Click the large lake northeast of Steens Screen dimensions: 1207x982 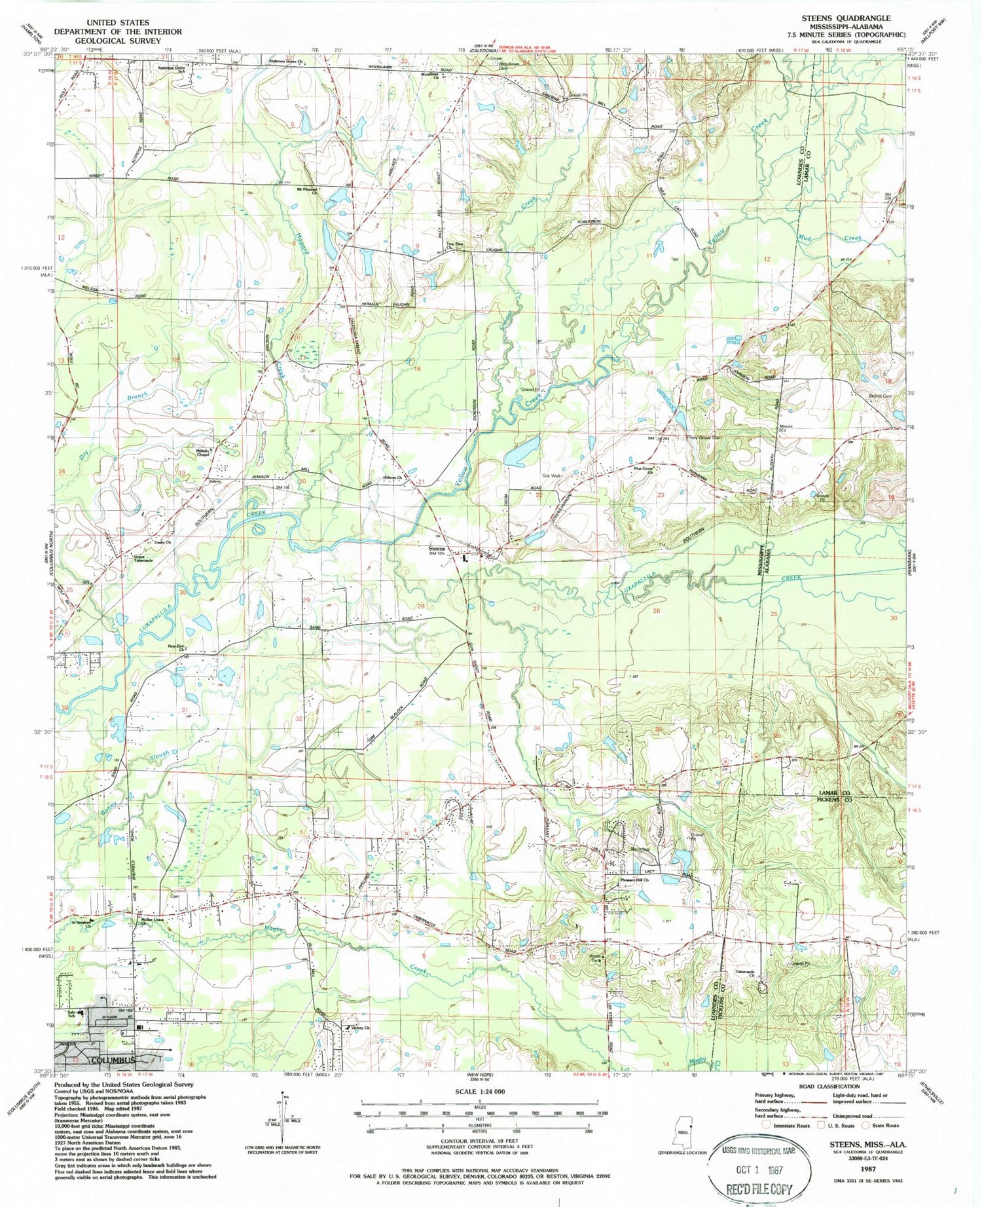click(x=522, y=451)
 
